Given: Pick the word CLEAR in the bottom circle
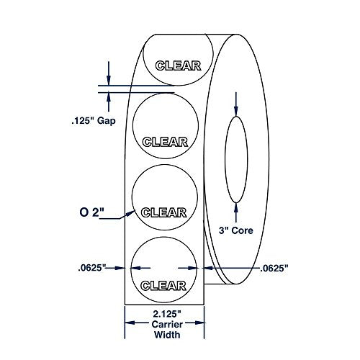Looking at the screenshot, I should point(167,282).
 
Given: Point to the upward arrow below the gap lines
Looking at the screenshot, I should point(109,99).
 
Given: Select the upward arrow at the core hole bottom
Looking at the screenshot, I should point(235,209).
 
